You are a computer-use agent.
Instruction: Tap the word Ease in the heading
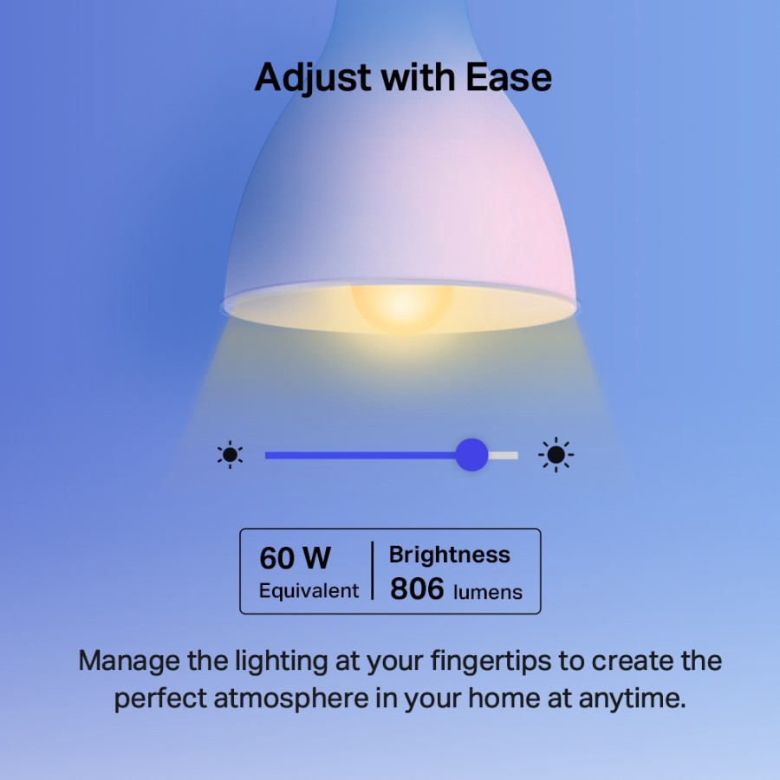509,78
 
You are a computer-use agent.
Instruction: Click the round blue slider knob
471,455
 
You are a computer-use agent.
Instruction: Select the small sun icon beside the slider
230,455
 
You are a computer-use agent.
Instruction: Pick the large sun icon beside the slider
556,455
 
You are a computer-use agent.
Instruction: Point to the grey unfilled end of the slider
504,455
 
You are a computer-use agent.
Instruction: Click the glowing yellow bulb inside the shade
400,305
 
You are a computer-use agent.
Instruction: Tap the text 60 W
295,558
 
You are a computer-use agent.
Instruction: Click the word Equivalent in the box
309,591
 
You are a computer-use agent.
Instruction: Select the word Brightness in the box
449,555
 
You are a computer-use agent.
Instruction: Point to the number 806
417,589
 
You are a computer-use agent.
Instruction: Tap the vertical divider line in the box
374,571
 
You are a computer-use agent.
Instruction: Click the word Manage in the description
129,661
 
